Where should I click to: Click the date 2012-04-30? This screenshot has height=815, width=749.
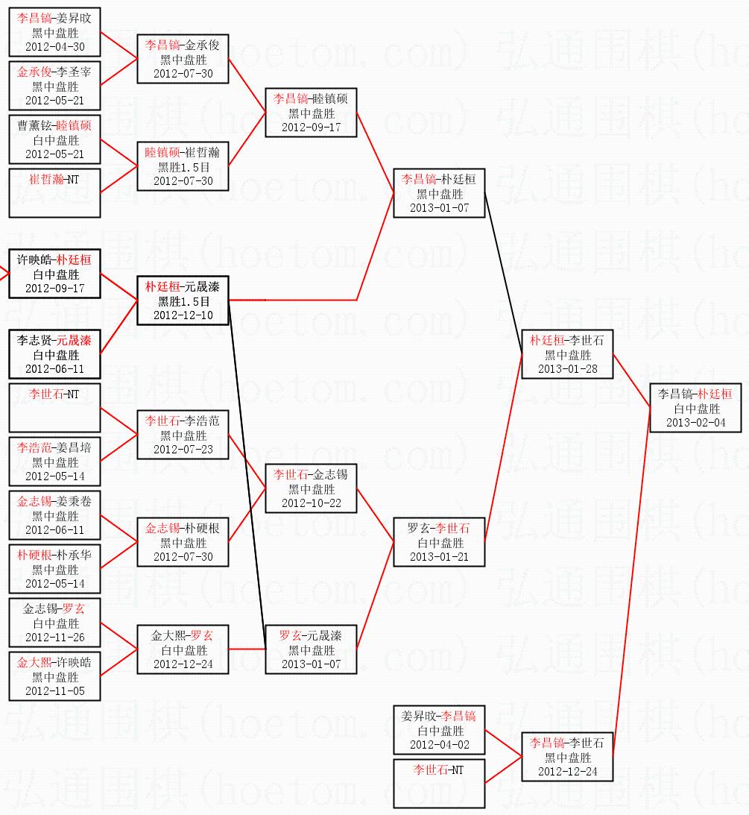[54, 46]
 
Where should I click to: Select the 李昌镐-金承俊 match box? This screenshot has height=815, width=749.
[183, 59]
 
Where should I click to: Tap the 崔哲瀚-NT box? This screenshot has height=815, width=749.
[54, 192]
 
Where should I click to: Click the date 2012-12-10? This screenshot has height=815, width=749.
[183, 315]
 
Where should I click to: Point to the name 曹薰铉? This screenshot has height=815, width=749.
[35, 125]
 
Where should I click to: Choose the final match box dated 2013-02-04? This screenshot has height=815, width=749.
[695, 408]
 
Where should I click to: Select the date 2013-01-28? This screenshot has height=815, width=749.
[567, 369]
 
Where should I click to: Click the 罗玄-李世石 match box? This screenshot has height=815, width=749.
[439, 542]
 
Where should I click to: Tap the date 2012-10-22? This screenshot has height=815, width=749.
[311, 503]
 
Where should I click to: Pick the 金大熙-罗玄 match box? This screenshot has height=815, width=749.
[183, 649]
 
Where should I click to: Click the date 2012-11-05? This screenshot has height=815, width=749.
[54, 690]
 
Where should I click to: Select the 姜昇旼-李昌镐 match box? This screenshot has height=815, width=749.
[439, 730]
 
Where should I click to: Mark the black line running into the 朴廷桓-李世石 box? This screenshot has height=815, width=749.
[504, 274]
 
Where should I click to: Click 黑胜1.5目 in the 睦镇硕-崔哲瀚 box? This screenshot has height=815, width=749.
[183, 166]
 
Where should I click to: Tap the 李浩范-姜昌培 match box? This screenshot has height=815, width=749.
[54, 462]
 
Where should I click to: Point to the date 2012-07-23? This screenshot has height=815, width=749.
[183, 450]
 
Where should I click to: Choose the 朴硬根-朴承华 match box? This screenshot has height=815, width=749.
[54, 568]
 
